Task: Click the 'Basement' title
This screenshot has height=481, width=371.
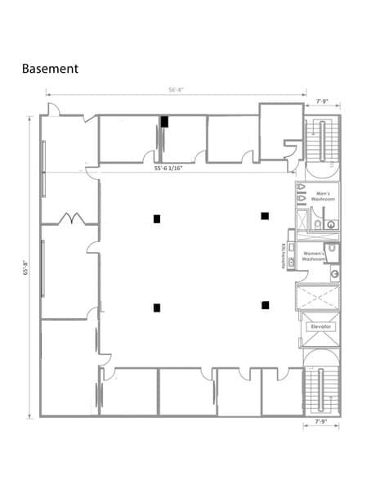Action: (x=50, y=69)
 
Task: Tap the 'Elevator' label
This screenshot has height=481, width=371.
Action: (x=320, y=326)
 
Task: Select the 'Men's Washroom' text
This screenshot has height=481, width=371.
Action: (x=322, y=196)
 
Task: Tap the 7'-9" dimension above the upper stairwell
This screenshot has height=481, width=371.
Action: (x=322, y=101)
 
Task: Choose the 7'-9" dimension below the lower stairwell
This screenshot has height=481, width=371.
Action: (x=322, y=422)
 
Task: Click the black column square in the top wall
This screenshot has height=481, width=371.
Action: (x=164, y=122)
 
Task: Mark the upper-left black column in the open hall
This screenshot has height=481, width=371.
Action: (x=156, y=218)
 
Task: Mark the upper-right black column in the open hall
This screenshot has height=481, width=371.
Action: (x=265, y=216)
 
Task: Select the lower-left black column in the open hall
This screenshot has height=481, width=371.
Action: (x=156, y=308)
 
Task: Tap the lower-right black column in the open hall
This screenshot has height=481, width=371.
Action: (x=265, y=305)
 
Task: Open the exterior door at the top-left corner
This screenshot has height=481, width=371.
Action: (x=53, y=110)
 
